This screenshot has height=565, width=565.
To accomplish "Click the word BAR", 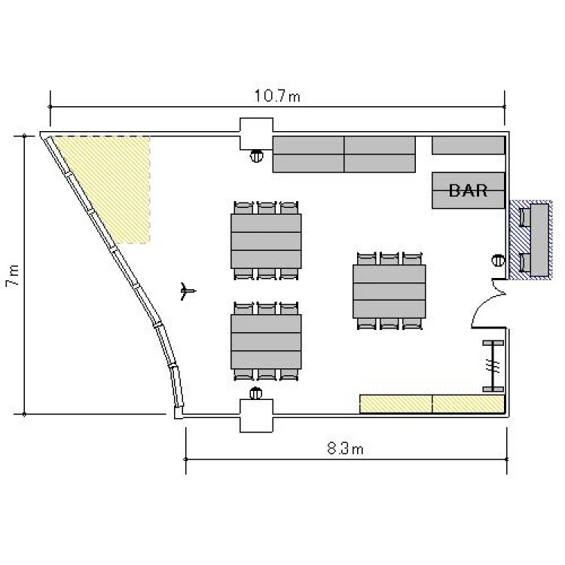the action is [468, 191].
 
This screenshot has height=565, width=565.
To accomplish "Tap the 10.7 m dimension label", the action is [277, 96].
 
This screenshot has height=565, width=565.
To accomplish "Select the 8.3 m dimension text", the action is [345, 449].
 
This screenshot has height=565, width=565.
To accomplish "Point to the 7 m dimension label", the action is [13, 276].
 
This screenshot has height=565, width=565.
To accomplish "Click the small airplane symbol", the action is [188, 291].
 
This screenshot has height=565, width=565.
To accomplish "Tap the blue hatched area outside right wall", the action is [530, 240].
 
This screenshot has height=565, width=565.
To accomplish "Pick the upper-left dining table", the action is [266, 241].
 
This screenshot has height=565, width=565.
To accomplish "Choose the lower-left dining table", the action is [266, 341].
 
